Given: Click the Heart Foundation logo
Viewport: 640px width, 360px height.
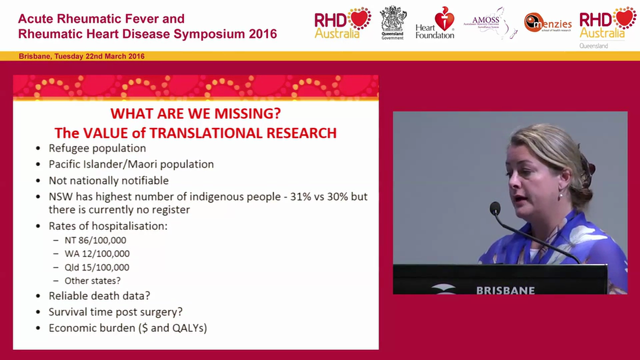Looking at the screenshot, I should point(434,23).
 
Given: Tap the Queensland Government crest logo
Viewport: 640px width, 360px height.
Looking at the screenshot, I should point(393,23).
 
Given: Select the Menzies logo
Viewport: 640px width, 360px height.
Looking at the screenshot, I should point(547,22).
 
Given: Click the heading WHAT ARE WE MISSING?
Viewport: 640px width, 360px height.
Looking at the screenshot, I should point(195,113).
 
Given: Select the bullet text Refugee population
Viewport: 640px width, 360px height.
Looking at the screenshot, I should point(97,148).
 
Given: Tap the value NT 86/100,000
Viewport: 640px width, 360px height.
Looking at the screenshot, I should point(95,240).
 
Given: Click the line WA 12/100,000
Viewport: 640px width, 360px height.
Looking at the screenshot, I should point(97,253).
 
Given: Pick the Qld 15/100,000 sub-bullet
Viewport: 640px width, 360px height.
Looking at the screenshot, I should point(96,267).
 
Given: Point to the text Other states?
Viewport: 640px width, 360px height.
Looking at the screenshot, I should point(92,280).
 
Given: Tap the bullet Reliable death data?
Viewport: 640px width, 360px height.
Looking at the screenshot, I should point(99,295).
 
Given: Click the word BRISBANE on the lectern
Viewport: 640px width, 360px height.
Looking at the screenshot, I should point(505,290).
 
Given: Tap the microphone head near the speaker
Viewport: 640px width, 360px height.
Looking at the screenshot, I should point(495,208).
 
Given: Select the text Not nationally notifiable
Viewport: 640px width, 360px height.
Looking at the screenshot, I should point(108,180).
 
